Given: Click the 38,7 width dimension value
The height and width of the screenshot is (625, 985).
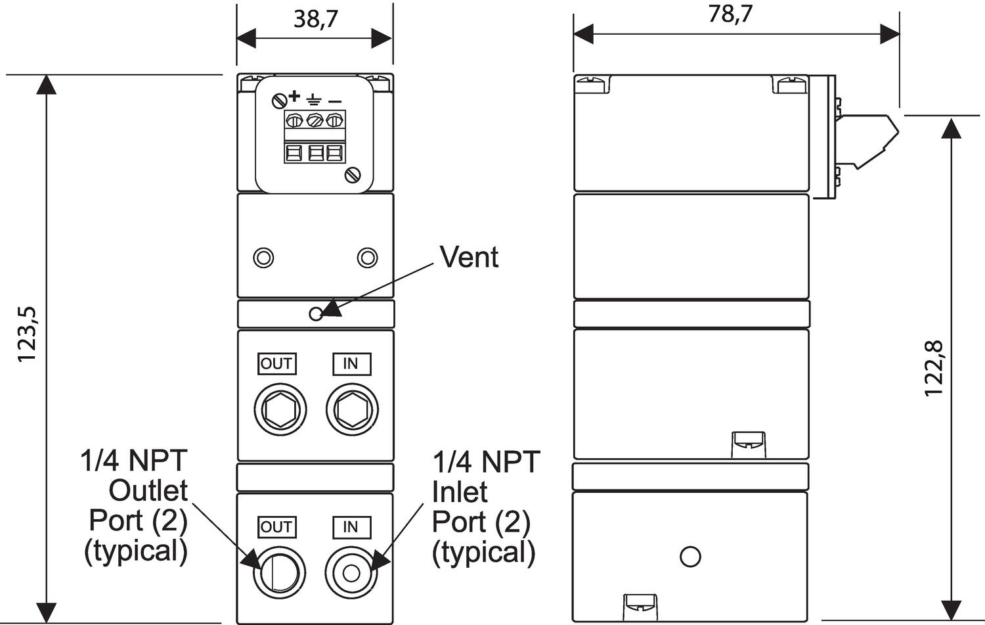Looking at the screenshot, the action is pyautogui.click(x=316, y=20).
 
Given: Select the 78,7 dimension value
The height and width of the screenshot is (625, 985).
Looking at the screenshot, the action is pyautogui.click(x=730, y=14).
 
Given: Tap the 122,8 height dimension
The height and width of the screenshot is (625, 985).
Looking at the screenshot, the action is pyautogui.click(x=934, y=369).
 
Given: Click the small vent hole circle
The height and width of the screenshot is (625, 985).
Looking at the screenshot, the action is pyautogui.click(x=316, y=314).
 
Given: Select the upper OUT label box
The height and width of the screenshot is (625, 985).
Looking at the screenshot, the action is pyautogui.click(x=277, y=364).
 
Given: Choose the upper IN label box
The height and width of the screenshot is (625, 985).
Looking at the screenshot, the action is pyautogui.click(x=352, y=364).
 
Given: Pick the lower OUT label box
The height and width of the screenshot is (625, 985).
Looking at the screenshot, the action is pyautogui.click(x=277, y=527).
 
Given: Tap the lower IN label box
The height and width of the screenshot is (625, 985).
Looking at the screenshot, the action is pyautogui.click(x=352, y=527).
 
